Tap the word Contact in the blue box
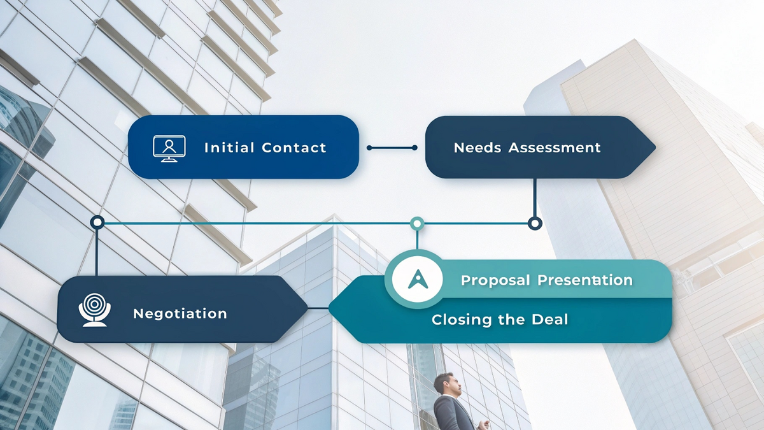pos(294,148)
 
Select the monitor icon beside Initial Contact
pos(169,148)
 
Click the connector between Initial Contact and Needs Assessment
pos(392,148)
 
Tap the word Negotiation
pos(180,313)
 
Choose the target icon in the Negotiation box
pos(94,310)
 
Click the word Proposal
pos(494,280)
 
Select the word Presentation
pos(584,280)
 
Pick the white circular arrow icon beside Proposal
pos(417,279)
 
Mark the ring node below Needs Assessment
pos(535,223)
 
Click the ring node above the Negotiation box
pos(97,222)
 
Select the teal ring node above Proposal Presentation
pos(417,223)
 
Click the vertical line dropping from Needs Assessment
pos(535,197)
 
